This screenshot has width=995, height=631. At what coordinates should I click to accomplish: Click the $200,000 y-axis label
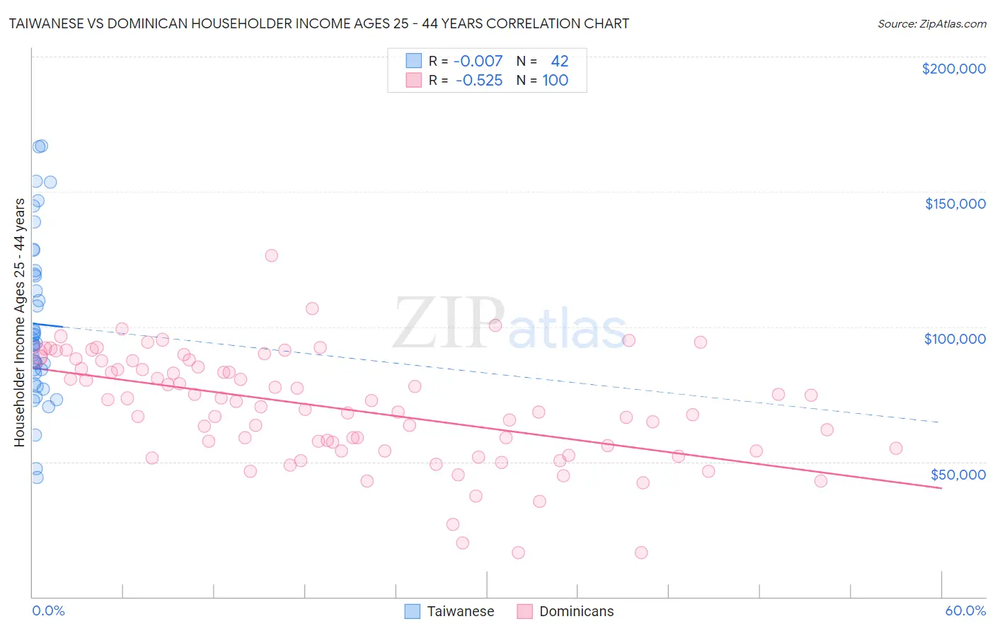tap(953, 69)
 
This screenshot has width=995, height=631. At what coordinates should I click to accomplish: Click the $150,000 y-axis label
tap(955, 204)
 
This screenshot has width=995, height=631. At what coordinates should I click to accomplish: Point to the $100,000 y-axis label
tap(955, 339)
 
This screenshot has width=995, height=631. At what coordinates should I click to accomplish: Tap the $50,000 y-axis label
tap(957, 474)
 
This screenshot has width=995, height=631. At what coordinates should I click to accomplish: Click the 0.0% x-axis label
tap(48, 610)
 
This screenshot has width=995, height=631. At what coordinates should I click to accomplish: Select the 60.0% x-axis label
tap(965, 610)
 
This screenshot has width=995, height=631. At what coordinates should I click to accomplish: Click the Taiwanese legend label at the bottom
tap(460, 611)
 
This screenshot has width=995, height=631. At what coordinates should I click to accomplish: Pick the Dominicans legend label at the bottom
tap(576, 611)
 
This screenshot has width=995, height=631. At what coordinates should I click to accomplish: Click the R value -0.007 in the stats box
tap(478, 61)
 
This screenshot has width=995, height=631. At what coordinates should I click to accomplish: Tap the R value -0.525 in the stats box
tap(478, 80)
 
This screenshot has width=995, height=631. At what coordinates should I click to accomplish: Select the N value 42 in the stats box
tap(559, 61)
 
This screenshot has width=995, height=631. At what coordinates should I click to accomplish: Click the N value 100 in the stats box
tap(555, 80)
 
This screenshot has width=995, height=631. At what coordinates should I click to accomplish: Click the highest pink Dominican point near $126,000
tap(271, 255)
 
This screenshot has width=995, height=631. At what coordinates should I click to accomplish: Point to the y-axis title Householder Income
tap(19, 322)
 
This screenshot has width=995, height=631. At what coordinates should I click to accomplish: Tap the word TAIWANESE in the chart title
tap(47, 23)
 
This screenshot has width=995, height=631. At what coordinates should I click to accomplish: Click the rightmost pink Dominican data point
tap(896, 448)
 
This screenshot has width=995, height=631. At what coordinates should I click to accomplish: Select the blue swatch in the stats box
tap(413, 61)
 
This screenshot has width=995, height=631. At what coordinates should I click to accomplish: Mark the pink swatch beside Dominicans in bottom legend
tap(524, 611)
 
